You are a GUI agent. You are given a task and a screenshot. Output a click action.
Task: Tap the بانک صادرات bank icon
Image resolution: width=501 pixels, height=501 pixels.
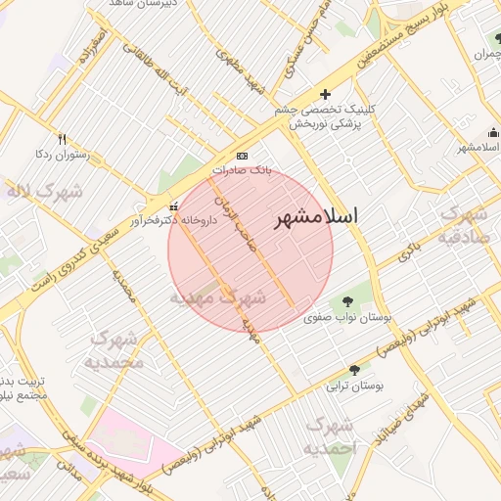(x=242, y=157)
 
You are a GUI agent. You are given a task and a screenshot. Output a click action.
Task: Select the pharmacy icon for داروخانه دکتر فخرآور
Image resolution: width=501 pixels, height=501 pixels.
(x=174, y=205)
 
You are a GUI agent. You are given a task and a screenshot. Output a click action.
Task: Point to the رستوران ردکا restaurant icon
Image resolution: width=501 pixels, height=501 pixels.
(x=63, y=139)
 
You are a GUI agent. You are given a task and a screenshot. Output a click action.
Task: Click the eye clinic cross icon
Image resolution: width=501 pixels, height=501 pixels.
(x=325, y=95)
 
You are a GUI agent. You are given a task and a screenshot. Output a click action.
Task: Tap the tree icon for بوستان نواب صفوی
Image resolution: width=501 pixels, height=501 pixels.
(x=348, y=300)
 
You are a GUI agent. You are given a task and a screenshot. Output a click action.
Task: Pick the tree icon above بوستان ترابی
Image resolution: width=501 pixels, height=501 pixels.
(x=354, y=370)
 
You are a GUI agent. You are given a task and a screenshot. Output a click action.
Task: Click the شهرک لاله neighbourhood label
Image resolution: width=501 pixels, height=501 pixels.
(x=44, y=193)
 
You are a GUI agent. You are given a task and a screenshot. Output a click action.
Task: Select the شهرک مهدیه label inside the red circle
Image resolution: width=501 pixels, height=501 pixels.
(x=218, y=296)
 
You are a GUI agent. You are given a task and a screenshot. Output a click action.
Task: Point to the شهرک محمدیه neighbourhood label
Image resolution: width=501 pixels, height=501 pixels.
(x=117, y=349)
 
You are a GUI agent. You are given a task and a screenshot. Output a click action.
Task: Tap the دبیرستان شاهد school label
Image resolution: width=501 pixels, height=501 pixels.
(x=136, y=4)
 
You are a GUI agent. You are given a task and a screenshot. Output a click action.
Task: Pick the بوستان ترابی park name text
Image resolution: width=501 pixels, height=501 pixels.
(x=356, y=386)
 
